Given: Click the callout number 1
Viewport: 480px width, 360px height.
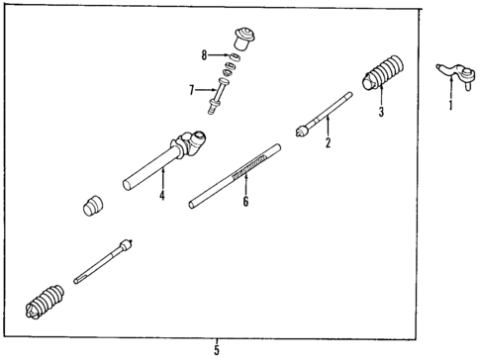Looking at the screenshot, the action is click(450, 104).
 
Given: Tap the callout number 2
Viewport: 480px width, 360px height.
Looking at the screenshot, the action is click(329, 143).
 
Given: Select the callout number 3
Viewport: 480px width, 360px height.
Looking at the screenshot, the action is click(379, 113).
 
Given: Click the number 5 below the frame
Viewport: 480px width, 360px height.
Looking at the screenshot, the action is click(216, 349).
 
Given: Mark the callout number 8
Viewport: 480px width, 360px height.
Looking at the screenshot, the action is click(204, 56).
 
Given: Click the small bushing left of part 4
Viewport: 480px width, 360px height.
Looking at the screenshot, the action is click(95, 208).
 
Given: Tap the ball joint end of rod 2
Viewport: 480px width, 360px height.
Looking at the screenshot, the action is click(301, 129).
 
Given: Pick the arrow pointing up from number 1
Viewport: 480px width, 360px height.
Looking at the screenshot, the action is click(450, 87).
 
